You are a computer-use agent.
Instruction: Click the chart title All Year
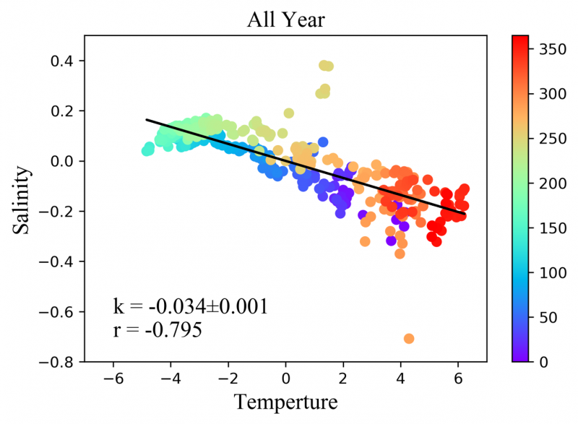[286, 20]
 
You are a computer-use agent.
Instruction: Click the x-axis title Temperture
[285, 399]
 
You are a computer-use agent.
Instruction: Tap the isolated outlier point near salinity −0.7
[409, 338]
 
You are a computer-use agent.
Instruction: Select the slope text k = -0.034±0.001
[191, 306]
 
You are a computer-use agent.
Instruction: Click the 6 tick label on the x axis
[458, 378]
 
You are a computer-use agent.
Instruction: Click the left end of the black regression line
[146, 120]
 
